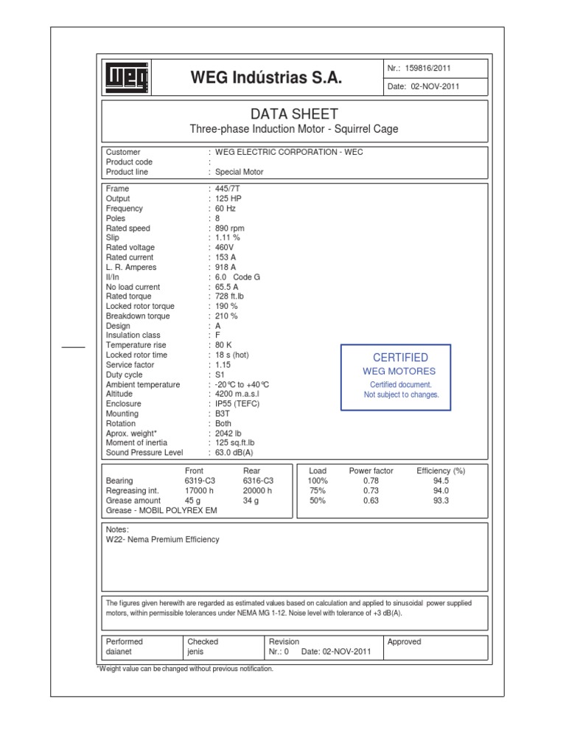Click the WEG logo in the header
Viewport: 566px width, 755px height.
127,78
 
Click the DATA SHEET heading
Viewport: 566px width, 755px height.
294,114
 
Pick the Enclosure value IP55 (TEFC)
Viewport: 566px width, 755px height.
237,404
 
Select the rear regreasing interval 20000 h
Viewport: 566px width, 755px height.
257,490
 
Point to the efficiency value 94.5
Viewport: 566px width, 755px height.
442,481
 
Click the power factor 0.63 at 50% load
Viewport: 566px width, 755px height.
370,500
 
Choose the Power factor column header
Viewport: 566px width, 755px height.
371,470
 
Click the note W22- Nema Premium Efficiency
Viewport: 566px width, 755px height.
163,540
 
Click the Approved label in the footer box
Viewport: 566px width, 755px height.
404,642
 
